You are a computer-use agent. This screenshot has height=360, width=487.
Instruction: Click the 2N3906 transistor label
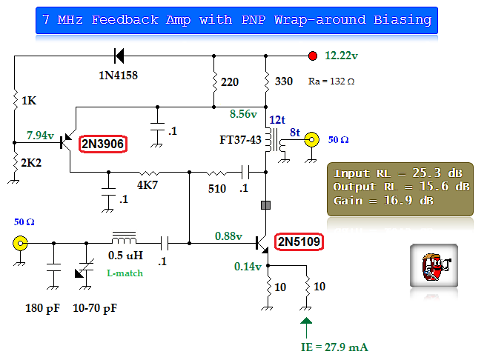(103, 143)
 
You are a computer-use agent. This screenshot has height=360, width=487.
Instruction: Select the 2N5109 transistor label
(299, 241)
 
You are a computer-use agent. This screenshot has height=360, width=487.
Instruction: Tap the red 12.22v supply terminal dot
(313, 55)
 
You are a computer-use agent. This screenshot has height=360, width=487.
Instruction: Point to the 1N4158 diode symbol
(118, 55)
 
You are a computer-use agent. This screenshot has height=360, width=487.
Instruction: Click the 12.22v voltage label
(342, 55)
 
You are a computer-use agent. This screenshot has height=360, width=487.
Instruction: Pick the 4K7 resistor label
(147, 185)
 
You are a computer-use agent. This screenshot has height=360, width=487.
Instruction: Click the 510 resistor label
(216, 189)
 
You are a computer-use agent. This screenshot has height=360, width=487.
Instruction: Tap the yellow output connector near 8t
(313, 139)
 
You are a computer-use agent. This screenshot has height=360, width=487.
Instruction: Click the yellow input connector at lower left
(20, 242)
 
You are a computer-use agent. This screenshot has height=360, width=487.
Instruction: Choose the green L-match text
(125, 273)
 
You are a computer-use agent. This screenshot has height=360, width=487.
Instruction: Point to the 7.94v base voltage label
(40, 136)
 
